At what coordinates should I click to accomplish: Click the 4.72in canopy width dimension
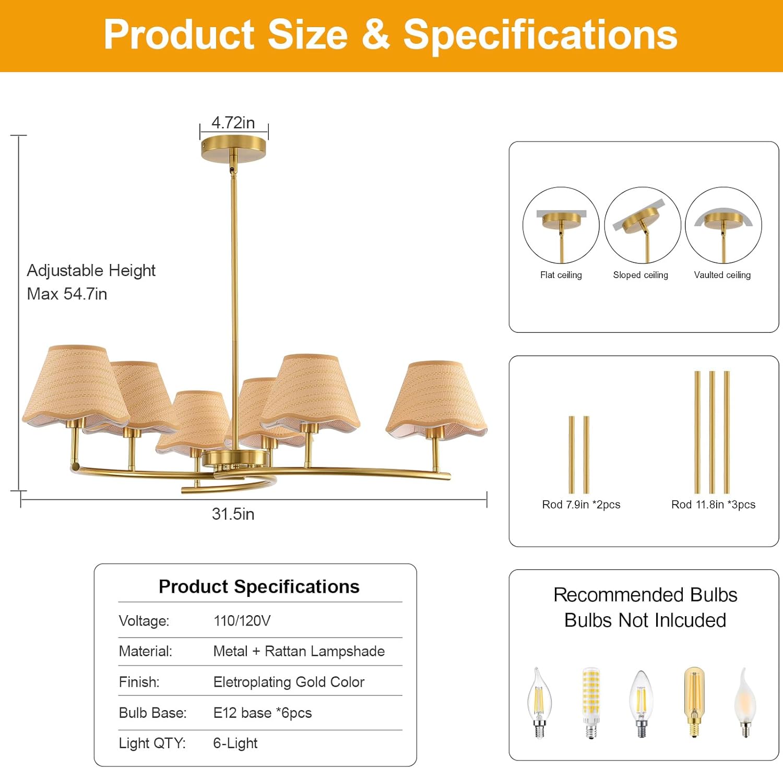click(233, 123)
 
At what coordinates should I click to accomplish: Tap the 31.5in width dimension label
click(233, 514)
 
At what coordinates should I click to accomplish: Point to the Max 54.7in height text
click(67, 294)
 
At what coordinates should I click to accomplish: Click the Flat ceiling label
click(561, 275)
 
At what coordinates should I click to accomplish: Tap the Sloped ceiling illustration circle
click(643, 225)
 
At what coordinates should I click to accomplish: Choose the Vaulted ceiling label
click(722, 275)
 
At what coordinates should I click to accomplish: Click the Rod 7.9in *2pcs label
click(581, 505)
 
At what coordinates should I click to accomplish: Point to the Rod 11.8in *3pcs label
click(713, 505)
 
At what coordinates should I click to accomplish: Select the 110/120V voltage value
click(242, 621)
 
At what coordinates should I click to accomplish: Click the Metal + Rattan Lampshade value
click(299, 651)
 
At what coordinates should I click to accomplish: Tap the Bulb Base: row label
click(152, 713)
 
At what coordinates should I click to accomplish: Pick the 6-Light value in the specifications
click(235, 743)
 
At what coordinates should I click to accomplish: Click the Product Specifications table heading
click(259, 586)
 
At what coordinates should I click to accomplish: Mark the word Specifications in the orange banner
click(540, 35)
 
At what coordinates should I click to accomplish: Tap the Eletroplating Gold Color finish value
click(289, 682)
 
